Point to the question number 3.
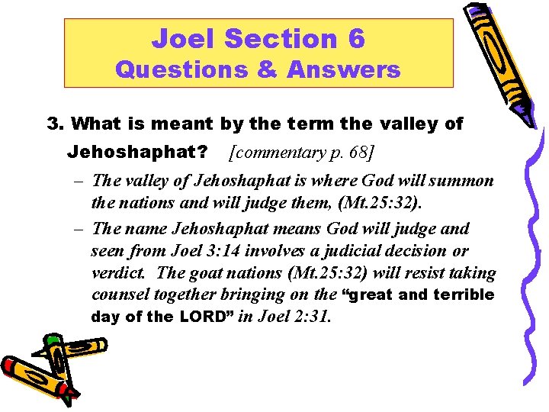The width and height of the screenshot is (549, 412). (53, 124)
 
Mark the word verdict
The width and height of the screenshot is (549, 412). (114, 273)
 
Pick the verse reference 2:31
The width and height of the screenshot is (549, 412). (313, 317)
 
